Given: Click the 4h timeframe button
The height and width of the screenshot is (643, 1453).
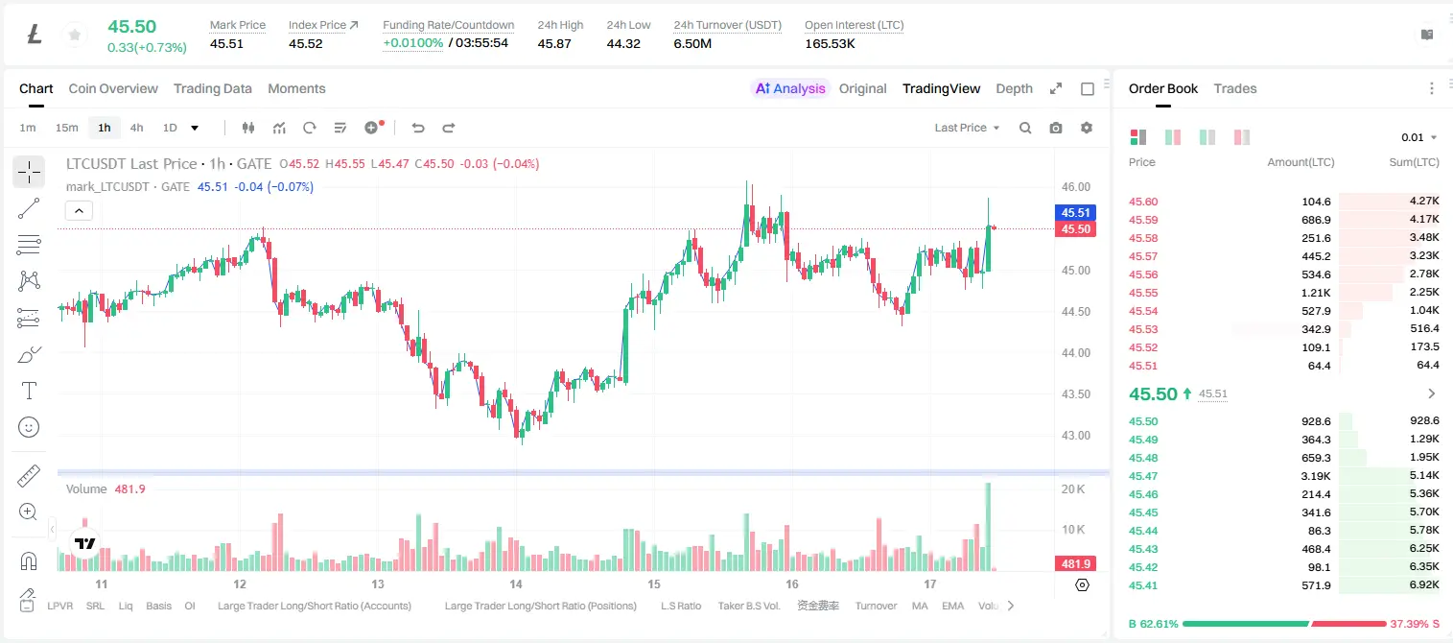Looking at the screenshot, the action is pos(136,128).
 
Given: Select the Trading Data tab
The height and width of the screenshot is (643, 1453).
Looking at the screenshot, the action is pos(212,88).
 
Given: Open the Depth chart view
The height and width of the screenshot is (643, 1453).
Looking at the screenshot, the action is pos(1014,88).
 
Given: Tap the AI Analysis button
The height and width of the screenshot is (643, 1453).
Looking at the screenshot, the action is pos(790,88).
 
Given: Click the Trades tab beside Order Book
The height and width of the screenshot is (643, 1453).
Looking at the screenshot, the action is pos(1234,88).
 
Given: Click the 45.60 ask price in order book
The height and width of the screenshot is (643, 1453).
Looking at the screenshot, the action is pos(1143,202).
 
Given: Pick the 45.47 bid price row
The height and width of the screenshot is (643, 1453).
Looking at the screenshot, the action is pos(1143,476).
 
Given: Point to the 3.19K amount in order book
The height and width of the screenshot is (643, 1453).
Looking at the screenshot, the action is pos(1316,476).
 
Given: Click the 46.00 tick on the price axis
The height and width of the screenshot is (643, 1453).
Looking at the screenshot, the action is pos(1075,187).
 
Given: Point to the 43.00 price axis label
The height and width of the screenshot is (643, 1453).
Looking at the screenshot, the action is pos(1075,436).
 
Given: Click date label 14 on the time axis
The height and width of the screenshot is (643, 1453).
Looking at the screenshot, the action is pos(516,583).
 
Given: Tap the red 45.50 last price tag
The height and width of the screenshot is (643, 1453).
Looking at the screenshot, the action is pos(1075,229).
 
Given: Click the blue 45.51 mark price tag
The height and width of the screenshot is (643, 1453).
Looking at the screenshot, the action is pos(1075,212).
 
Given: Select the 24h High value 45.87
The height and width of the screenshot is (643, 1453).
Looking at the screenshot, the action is pos(554,43).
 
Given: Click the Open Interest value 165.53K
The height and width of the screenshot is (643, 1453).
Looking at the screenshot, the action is pos(830,43).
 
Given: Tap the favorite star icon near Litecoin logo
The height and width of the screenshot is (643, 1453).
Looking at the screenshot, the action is pos(75,35).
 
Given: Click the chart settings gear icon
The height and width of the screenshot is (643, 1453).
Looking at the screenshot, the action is pos(1087,128).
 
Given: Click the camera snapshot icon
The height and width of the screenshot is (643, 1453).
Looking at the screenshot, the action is pos(1056,128).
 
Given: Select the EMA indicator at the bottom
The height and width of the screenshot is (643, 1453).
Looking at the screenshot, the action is pos(952,606).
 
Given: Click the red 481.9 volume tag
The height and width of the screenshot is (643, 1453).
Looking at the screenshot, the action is pos(1075,564).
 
